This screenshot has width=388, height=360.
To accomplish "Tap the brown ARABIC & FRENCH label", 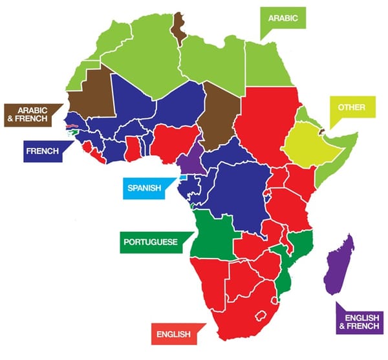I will coord(29,114).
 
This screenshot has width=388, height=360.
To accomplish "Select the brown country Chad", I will coord(218,113).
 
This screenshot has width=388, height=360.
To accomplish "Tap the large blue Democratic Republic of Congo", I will coord(239,194).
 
